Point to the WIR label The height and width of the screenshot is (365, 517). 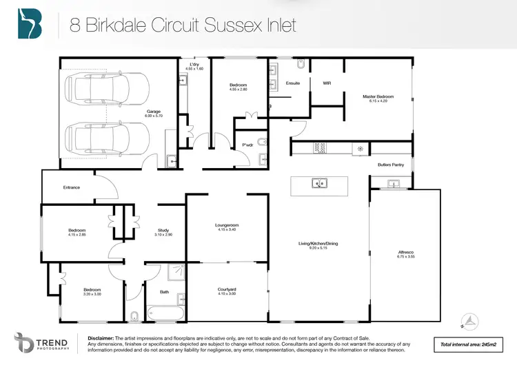tap(327, 83)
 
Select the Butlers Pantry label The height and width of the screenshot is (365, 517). tap(390, 165)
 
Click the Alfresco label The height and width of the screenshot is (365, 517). tap(405, 253)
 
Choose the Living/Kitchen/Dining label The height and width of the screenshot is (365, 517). tap(317, 244)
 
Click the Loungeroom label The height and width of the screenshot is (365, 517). tap(227, 227)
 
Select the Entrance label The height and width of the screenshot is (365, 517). tap(71, 187)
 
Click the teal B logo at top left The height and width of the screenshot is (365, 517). tap(30, 25)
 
